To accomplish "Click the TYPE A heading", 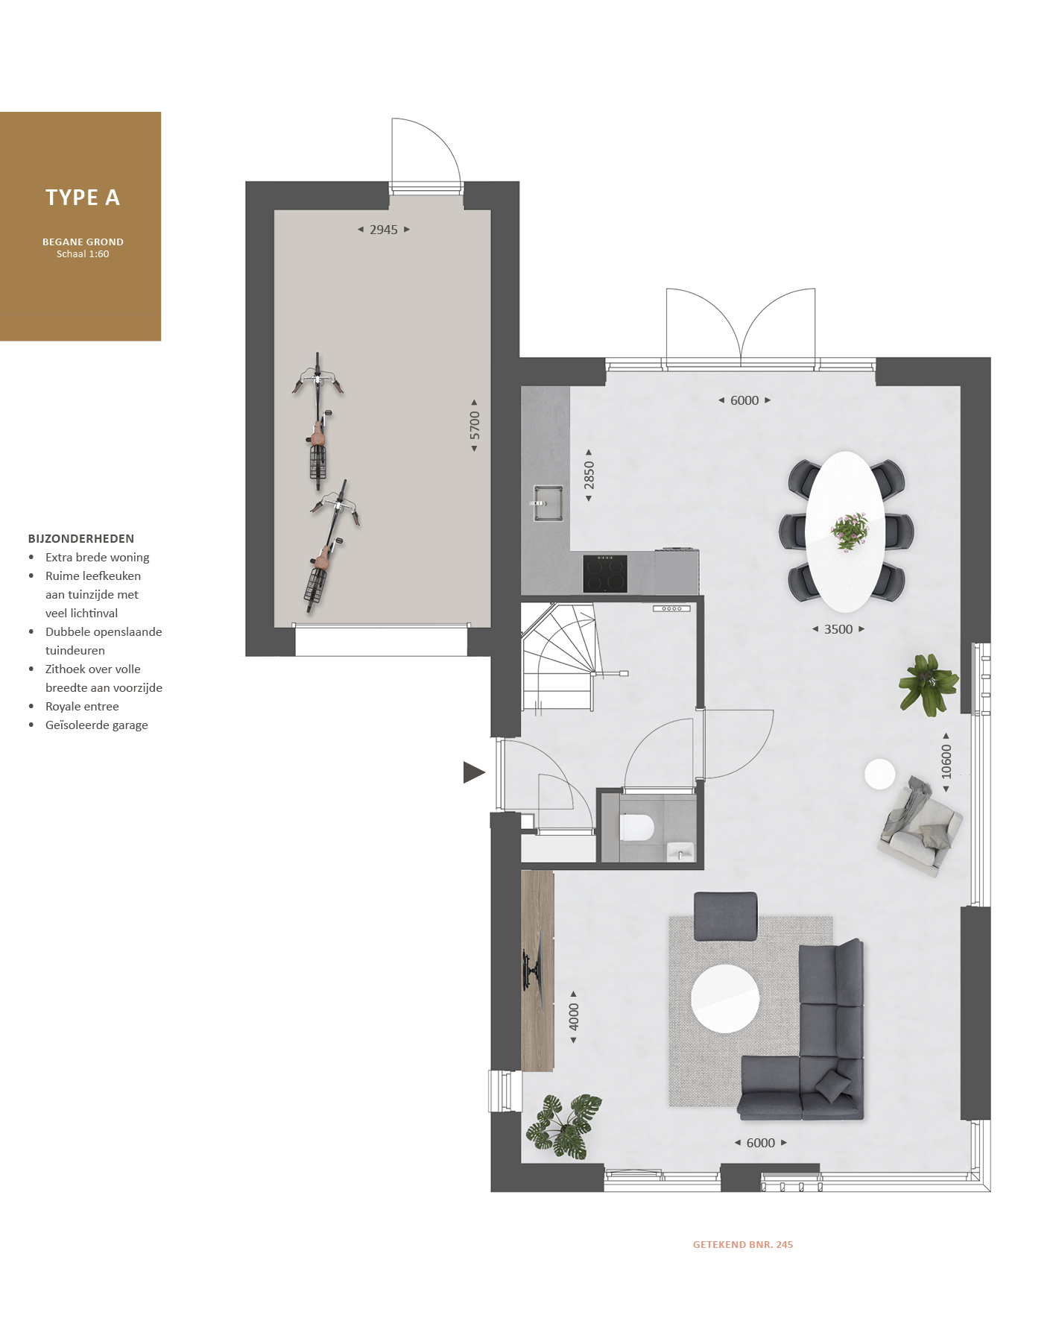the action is point(83,198).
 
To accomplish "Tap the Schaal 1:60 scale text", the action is point(83,254).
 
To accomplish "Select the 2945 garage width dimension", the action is point(384,230).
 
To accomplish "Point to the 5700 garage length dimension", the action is point(475,426).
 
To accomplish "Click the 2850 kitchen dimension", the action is point(589,476).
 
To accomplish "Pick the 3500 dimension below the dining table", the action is point(838,629).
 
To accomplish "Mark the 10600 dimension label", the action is point(946,762).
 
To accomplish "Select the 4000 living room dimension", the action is point(574,1017).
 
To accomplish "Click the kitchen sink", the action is point(548,503).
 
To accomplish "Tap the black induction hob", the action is point(605,574).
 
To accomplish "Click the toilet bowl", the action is point(636,827).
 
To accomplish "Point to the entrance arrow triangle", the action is point(473,772).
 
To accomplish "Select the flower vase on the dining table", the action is point(850,532).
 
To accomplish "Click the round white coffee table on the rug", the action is point(725,998).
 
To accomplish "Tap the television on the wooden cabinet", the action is point(532,970).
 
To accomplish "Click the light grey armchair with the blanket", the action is point(918,827).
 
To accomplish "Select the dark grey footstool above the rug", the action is point(726,916).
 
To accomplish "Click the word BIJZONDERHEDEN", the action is point(81,539).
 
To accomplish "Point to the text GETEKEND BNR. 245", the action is point(743,1244).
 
